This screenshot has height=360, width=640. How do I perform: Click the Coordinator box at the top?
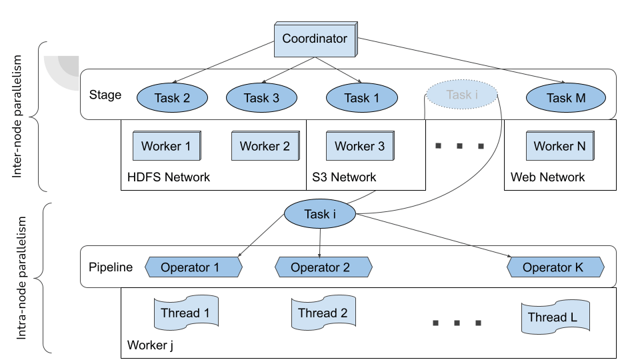click(x=315, y=39)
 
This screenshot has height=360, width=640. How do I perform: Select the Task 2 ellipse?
click(x=172, y=98)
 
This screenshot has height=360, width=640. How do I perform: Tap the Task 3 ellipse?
click(x=261, y=98)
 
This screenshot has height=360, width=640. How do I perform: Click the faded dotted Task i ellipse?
click(x=462, y=95)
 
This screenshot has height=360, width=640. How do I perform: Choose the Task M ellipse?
click(x=566, y=98)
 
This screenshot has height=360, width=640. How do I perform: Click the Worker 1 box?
click(x=167, y=146)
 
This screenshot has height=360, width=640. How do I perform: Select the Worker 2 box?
click(x=265, y=146)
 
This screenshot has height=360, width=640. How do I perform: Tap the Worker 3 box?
click(x=359, y=146)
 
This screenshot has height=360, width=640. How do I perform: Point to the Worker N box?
click(x=559, y=146)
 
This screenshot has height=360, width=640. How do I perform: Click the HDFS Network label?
click(x=169, y=177)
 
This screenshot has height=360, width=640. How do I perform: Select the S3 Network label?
click(x=344, y=177)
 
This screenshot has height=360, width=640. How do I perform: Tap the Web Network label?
click(x=547, y=177)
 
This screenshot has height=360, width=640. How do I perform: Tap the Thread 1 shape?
click(x=187, y=313)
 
